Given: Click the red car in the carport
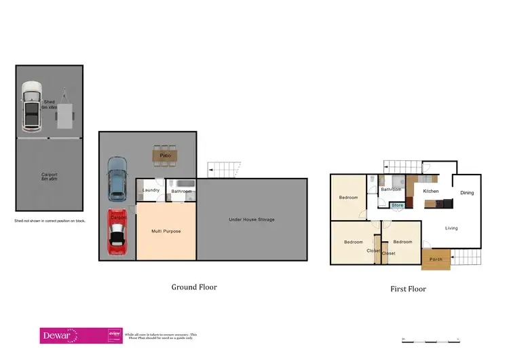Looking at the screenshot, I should [x=117, y=232].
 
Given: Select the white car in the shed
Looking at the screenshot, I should [x=31, y=107].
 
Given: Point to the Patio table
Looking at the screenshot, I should [x=165, y=156].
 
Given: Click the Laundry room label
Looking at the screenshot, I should [x=151, y=190].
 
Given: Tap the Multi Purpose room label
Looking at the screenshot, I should [x=166, y=232].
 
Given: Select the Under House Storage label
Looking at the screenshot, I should [x=251, y=220].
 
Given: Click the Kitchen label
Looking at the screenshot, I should [x=431, y=192].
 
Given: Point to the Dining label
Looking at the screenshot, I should [x=467, y=193].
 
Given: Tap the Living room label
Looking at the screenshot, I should [x=452, y=228].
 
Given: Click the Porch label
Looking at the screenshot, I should [x=436, y=259].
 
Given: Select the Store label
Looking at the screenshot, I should [x=398, y=205].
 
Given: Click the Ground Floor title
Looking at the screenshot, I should [x=194, y=287].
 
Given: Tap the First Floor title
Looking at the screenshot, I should [x=408, y=289].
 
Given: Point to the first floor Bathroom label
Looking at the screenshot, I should [x=391, y=190].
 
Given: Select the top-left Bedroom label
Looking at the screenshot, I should [x=349, y=198].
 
